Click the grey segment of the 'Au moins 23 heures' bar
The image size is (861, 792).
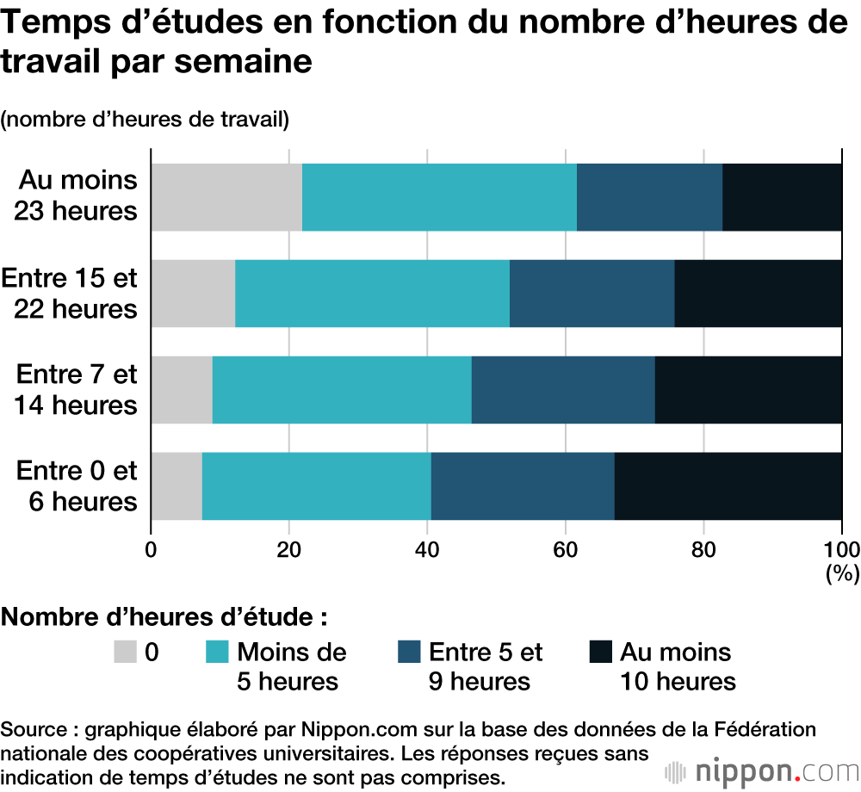point(226,197)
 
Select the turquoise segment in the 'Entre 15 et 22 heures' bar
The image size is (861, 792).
point(372,294)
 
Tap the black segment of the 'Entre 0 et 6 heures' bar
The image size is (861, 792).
point(728,486)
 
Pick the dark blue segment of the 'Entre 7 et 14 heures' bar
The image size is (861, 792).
point(563,390)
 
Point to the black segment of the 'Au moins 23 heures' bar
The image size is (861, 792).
point(782,197)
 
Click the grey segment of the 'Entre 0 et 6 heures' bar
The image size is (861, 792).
point(177,486)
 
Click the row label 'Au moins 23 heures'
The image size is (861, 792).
point(77,195)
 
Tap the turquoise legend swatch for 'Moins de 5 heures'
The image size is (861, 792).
point(217,653)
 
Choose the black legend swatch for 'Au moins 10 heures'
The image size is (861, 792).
point(599,653)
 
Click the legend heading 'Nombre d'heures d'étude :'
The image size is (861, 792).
point(164,617)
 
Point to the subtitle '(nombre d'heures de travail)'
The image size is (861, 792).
point(145,120)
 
